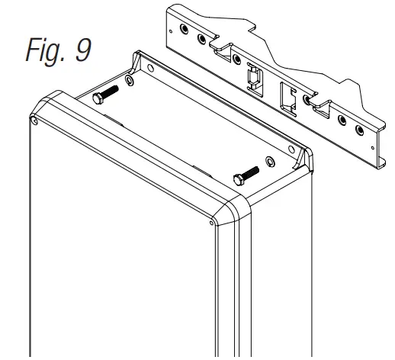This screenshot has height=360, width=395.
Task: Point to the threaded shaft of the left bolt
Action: coord(111,92)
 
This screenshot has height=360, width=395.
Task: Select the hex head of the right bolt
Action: coord(237,178)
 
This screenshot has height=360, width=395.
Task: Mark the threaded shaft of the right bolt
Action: coord(250,172)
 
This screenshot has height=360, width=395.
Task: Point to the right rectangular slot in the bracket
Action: coord(287,95)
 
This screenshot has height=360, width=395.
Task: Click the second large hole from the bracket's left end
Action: coord(201,37)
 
